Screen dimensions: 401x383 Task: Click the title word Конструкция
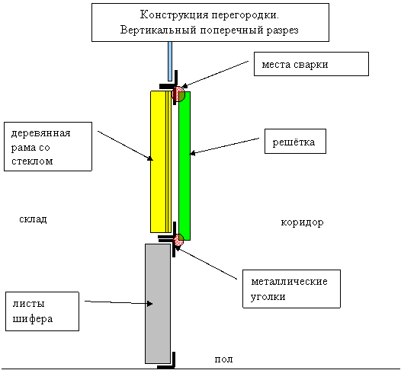175,15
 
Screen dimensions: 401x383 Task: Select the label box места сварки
311,64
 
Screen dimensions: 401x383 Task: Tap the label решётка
294,142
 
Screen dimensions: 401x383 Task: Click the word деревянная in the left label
40,133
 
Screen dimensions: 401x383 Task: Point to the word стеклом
32,161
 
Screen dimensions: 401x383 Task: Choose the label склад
33,219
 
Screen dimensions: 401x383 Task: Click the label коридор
302,222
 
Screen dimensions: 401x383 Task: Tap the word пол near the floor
223,359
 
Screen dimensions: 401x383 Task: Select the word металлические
289,282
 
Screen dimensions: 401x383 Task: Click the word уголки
268,297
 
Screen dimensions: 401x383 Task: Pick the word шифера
33,319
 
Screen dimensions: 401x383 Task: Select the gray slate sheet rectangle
158,304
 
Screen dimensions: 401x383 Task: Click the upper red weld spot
178,94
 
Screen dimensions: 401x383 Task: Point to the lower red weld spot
178,240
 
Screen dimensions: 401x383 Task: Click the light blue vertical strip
170,61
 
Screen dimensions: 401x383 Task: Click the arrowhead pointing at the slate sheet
150,304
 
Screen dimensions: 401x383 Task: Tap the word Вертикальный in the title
159,30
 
